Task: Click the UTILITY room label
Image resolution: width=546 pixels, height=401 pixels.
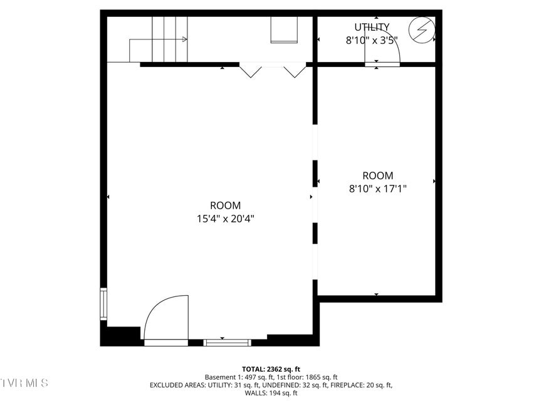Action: click(x=372, y=27)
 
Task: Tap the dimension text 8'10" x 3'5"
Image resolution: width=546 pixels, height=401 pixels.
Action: click(x=372, y=41)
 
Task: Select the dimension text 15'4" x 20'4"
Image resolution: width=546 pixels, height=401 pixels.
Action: click(x=226, y=219)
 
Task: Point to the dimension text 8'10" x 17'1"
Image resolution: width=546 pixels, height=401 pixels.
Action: click(x=378, y=189)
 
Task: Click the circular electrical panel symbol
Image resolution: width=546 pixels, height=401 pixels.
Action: click(x=422, y=30)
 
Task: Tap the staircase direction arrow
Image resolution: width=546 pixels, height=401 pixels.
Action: click(x=158, y=39)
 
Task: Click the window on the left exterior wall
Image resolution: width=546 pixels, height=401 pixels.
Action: click(x=103, y=303)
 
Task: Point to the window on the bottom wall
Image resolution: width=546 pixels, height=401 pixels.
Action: click(x=227, y=343)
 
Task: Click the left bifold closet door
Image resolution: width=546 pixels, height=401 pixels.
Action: click(x=250, y=70)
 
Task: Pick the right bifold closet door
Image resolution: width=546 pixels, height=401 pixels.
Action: click(x=295, y=70)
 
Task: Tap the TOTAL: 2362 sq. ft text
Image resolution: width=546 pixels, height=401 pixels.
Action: click(x=271, y=369)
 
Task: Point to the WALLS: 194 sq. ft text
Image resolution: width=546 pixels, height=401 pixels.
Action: click(x=271, y=393)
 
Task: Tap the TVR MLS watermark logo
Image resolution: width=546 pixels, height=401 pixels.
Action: click(x=24, y=383)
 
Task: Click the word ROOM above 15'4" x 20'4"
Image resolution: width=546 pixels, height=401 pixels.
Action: click(x=225, y=206)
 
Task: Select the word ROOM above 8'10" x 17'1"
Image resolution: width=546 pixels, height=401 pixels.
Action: click(x=378, y=175)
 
